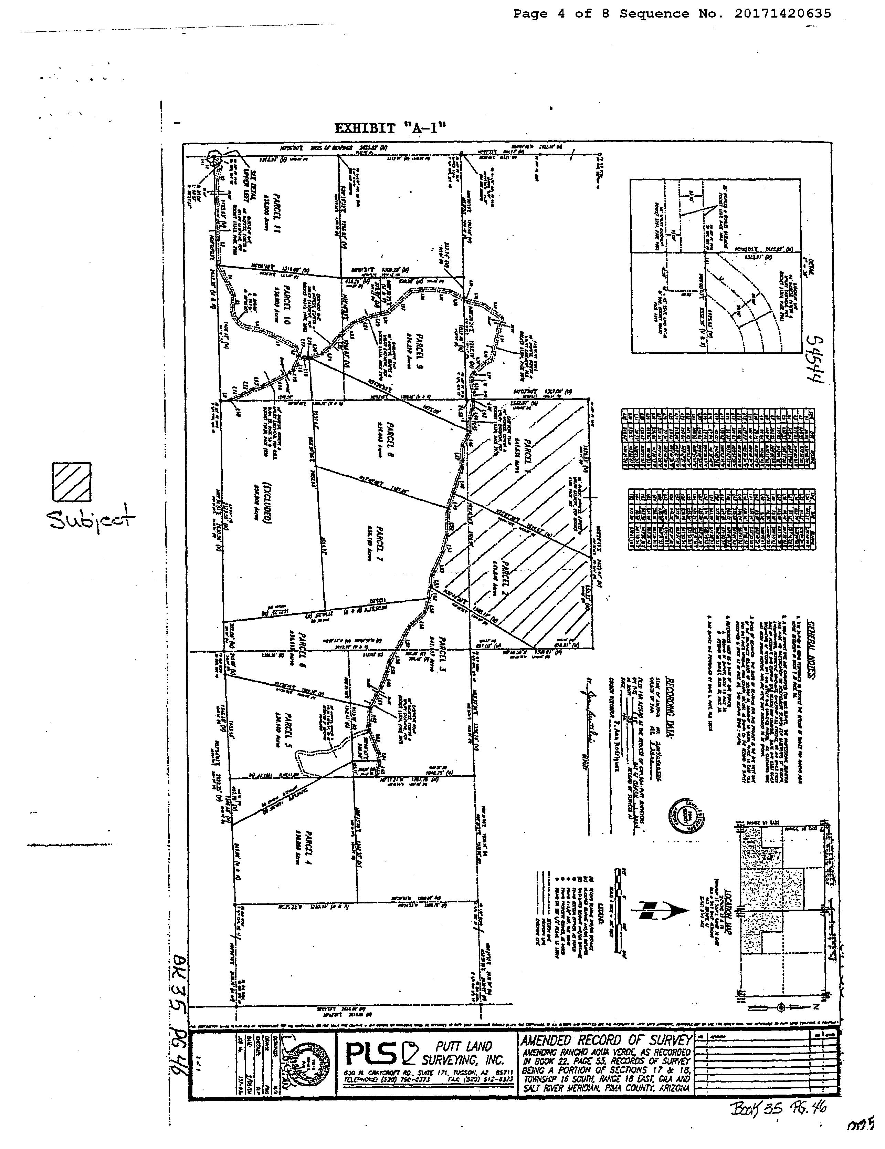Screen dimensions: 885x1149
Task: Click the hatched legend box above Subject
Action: (72, 482)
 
